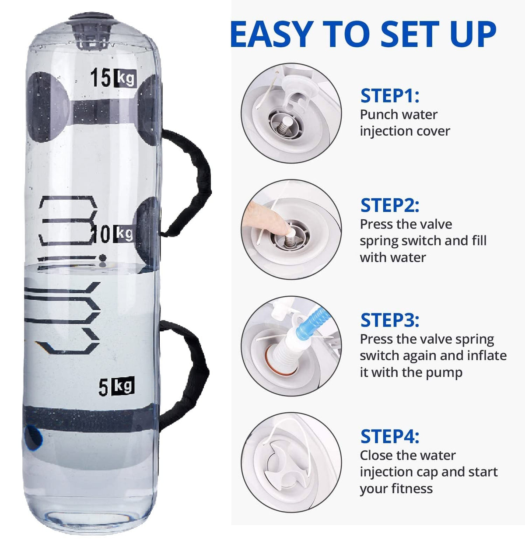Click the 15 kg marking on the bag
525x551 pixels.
(113, 77)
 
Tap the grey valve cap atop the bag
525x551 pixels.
(91, 28)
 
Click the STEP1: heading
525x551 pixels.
(390, 96)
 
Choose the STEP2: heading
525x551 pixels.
(390, 205)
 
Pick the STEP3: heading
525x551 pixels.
(390, 320)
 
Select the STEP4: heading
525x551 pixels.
(390, 437)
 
